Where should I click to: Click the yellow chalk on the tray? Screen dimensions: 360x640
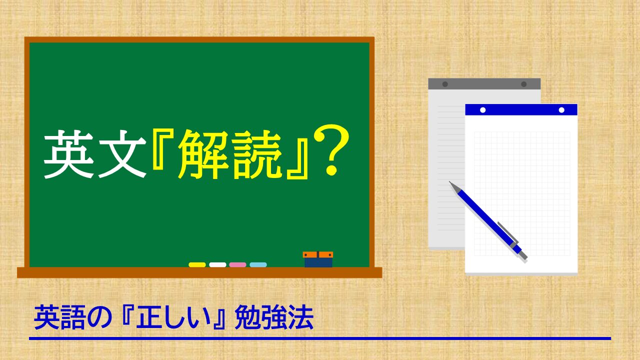(x=197, y=264)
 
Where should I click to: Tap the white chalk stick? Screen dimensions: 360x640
(x=217, y=264)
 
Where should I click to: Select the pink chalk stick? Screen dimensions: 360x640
(x=237, y=264)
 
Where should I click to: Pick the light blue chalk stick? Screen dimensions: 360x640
(x=258, y=264)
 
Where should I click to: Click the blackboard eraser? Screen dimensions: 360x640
(x=318, y=259)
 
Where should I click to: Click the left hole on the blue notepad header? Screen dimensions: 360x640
(x=482, y=110)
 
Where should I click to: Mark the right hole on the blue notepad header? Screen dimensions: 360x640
(x=561, y=110)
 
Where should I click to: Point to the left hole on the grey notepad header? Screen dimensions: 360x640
(x=445, y=84)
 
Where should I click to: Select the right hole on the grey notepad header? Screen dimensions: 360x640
(x=523, y=84)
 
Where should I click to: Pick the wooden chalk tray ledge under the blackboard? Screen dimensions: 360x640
(x=199, y=272)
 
